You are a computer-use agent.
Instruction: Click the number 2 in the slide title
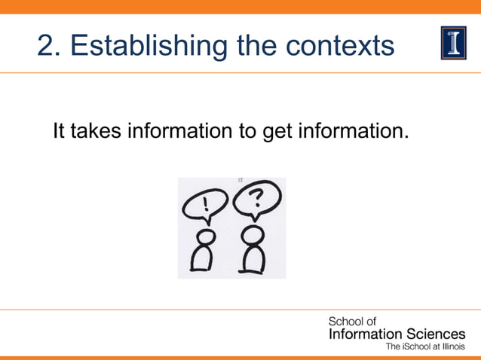coord(44,47)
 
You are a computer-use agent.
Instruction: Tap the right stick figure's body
coord(252,258)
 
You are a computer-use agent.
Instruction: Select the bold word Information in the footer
coord(361,334)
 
